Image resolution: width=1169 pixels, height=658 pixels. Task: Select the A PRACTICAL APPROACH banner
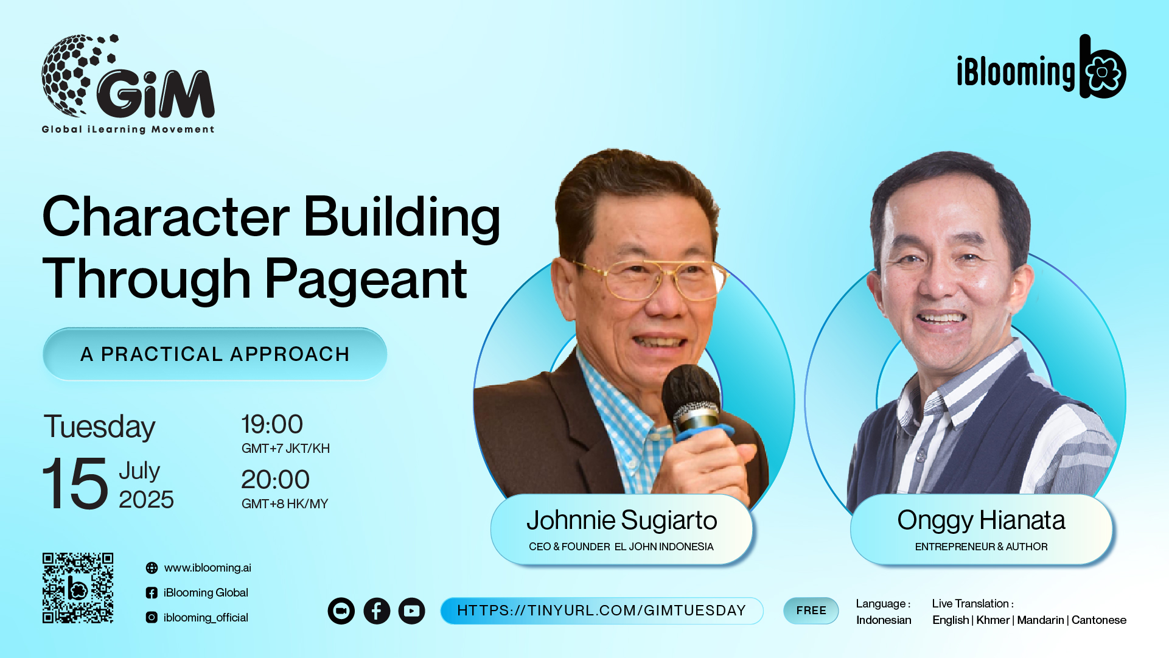click(x=215, y=354)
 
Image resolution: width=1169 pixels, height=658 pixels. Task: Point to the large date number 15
click(x=75, y=483)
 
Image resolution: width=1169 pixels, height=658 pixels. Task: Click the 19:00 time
click(x=272, y=424)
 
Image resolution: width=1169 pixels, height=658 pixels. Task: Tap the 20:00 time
click(x=276, y=480)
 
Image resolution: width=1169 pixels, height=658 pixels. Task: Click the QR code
click(x=78, y=588)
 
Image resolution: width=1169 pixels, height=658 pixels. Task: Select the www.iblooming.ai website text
click(x=208, y=568)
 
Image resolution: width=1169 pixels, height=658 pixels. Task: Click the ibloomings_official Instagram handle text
click(x=206, y=617)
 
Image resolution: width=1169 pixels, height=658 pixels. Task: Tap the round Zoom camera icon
click(x=341, y=611)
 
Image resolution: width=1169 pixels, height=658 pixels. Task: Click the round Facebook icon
click(x=377, y=611)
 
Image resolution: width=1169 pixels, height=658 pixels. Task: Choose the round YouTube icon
click(x=412, y=611)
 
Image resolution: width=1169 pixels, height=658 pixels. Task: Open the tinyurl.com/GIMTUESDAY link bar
click(x=602, y=611)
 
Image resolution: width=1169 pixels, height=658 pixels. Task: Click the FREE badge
click(x=811, y=611)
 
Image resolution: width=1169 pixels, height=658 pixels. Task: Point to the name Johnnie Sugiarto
click(x=622, y=520)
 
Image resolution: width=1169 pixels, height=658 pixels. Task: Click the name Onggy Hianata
click(x=981, y=520)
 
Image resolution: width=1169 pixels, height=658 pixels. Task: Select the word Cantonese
click(x=1099, y=620)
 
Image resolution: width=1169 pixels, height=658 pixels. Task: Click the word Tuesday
click(x=99, y=427)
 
